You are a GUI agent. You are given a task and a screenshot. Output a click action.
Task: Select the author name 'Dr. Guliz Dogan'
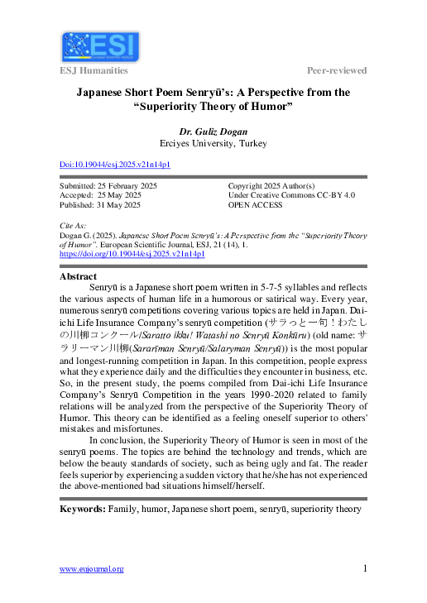[x=213, y=131]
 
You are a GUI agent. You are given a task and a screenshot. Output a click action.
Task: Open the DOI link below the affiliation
[x=115, y=165]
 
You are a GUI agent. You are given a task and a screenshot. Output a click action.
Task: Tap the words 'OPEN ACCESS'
[x=257, y=205]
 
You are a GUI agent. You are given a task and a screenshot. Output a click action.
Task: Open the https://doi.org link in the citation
[x=132, y=254]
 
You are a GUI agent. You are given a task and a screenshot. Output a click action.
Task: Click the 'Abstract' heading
[x=78, y=276]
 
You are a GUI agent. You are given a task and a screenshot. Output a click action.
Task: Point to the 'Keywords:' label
[x=82, y=510]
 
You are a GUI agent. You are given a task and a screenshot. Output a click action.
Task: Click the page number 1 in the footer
[x=364, y=568]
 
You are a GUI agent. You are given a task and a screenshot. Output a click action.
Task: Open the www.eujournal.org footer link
[x=92, y=569]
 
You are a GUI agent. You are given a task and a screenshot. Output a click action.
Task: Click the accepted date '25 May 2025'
[x=121, y=195]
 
